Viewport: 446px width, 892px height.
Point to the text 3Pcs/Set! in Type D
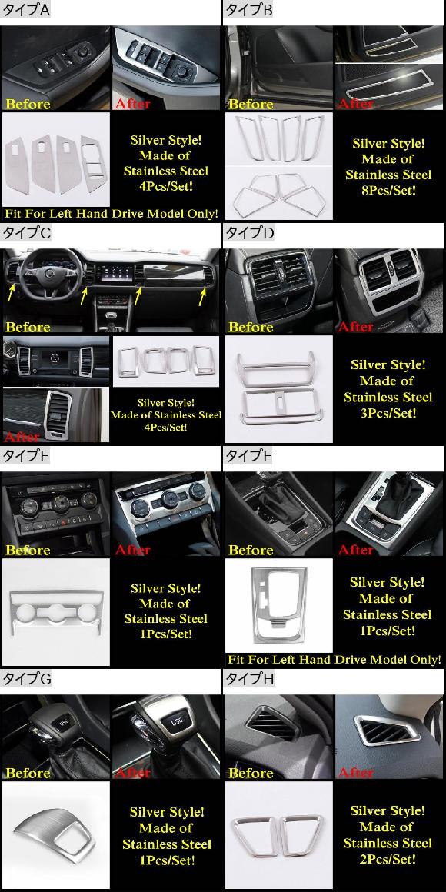[388, 413]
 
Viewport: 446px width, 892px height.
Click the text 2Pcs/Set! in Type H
[388, 858]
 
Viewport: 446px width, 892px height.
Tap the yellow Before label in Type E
[28, 550]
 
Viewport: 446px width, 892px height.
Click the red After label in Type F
[356, 550]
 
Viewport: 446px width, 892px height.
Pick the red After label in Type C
[22, 437]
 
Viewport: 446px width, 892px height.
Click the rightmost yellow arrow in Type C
[202, 296]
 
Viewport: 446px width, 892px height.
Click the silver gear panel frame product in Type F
[278, 603]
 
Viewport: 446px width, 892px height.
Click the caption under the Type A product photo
[111, 215]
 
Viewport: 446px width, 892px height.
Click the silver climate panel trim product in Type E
[55, 614]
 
